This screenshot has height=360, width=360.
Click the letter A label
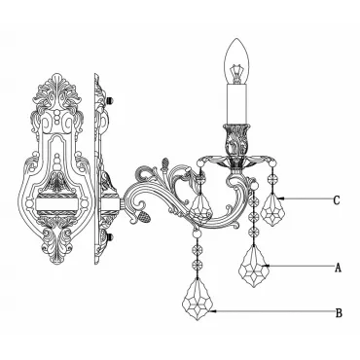tap(338, 268)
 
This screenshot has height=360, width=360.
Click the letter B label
tap(339, 313)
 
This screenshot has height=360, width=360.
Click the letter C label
tap(337, 200)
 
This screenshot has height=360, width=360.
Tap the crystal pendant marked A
tap(254, 266)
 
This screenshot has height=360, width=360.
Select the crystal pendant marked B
tap(197, 299)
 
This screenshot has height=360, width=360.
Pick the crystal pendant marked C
tap(272, 209)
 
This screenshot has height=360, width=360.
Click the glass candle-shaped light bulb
tap(237, 61)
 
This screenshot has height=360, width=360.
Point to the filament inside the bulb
tap(237, 72)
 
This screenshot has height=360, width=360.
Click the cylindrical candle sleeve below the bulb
tap(237, 104)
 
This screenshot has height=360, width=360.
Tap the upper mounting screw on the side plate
tap(112, 100)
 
